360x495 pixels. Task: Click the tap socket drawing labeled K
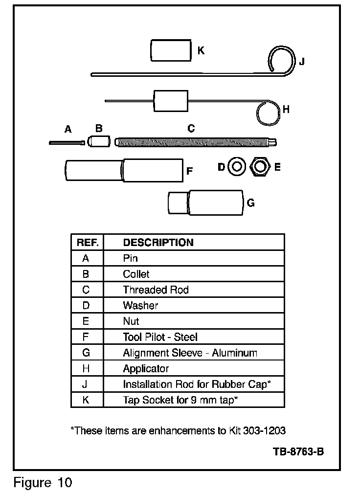click(170, 51)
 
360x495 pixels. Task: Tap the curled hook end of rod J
click(282, 60)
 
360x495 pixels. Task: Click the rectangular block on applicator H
click(171, 102)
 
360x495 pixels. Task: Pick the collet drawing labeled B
click(100, 142)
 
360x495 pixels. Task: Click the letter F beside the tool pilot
click(190, 171)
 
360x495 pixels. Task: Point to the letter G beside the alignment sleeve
click(250, 203)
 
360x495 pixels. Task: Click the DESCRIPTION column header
click(158, 243)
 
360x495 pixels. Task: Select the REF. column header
click(88, 243)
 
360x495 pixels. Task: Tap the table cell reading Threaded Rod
click(156, 290)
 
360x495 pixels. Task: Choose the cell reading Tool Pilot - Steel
click(160, 337)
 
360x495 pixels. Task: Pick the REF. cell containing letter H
click(86, 368)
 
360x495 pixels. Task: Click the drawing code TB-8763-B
click(298, 451)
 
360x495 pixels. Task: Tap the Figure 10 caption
click(43, 483)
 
